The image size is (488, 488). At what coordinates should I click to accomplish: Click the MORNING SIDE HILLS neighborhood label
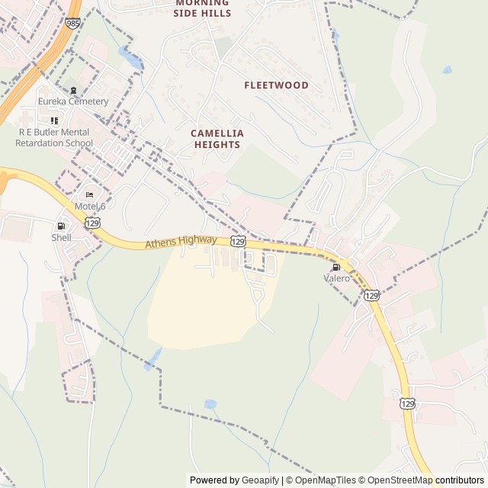click(201, 8)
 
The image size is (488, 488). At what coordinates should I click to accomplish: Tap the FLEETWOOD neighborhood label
click(276, 85)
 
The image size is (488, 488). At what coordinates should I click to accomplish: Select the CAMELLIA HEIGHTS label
click(217, 139)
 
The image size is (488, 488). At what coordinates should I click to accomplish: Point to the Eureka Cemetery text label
click(74, 101)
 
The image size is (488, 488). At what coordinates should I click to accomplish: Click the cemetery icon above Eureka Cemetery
click(73, 90)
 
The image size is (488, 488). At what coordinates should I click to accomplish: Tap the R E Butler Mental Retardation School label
click(54, 137)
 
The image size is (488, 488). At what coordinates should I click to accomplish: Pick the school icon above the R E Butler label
click(54, 120)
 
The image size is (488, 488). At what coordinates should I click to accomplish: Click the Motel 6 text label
click(90, 207)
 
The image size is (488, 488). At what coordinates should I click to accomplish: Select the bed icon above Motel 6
click(89, 194)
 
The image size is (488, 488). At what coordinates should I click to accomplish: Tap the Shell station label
click(61, 237)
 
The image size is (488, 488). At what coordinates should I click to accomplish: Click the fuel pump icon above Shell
click(61, 226)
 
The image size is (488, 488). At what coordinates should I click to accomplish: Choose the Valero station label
click(336, 278)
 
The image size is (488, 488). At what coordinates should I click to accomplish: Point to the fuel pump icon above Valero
click(335, 267)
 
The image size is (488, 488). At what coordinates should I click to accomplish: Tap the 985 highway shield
click(72, 24)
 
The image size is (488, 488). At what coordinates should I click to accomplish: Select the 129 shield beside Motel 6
click(92, 222)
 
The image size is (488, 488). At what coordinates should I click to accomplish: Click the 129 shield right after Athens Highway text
click(238, 241)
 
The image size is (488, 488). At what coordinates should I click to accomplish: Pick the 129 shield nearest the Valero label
click(371, 294)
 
